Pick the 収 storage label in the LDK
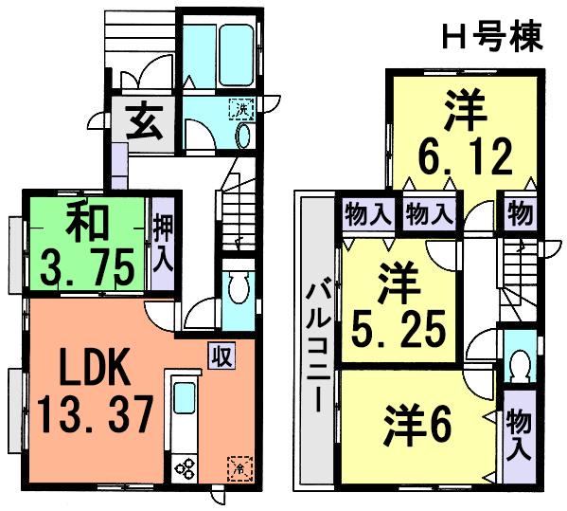point(221,358)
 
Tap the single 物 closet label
point(519,213)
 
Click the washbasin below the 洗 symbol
point(241,138)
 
